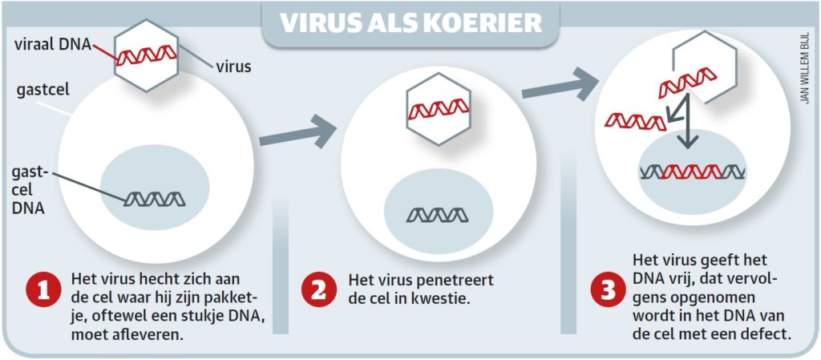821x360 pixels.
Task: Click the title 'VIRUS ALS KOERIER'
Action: click(410, 22)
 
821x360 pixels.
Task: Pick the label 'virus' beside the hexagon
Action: click(233, 67)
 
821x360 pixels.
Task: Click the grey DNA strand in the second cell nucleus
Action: click(436, 214)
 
